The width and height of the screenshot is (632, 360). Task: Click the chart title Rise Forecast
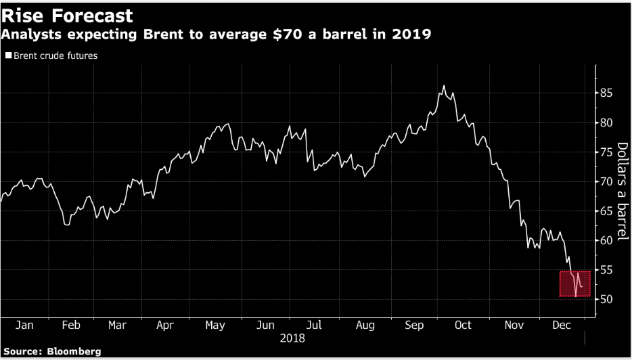pos(67,15)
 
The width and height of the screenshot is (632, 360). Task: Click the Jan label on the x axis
pos(24,325)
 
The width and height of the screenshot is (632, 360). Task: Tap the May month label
pos(215,325)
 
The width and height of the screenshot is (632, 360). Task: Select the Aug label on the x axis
pos(365,325)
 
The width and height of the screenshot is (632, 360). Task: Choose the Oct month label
pos(463,325)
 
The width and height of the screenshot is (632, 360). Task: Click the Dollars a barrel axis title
pos(623,191)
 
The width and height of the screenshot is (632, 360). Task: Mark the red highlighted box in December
pos(575,284)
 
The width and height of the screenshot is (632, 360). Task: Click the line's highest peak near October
pos(443,86)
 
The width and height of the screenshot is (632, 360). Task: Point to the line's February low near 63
pos(66,224)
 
